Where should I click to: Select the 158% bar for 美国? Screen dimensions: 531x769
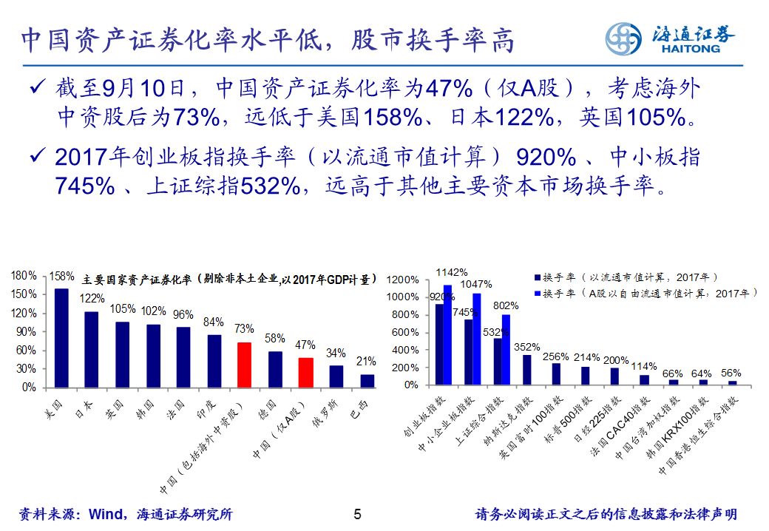click(61, 337)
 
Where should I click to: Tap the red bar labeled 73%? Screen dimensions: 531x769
click(244, 365)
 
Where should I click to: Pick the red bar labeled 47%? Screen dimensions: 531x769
click(305, 373)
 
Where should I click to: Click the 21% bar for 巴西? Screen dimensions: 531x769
click(367, 380)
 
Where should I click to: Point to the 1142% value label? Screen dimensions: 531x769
click(451, 272)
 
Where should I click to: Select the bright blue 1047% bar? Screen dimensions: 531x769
click(477, 339)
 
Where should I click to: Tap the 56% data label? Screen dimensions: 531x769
click(731, 373)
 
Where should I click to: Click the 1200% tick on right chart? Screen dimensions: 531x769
click(403, 280)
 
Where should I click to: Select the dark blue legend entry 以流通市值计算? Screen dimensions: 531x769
click(625, 277)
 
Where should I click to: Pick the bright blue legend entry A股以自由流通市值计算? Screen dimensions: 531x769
click(643, 294)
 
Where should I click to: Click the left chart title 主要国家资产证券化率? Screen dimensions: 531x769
click(229, 280)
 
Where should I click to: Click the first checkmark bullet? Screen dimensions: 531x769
click(35, 89)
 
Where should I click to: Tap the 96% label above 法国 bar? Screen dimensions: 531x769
click(183, 314)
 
